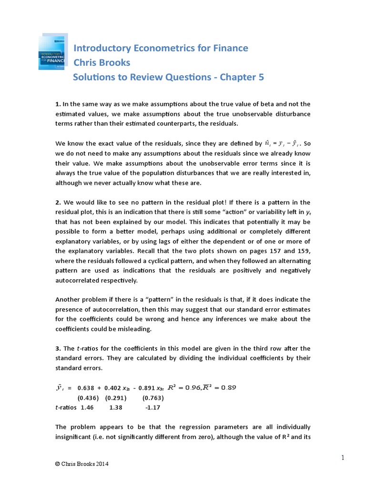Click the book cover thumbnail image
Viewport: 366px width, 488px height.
(53, 52)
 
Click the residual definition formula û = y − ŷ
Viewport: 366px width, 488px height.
(283, 143)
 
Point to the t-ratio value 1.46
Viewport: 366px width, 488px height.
(88, 408)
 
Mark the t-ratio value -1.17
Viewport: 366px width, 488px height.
(153, 408)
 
